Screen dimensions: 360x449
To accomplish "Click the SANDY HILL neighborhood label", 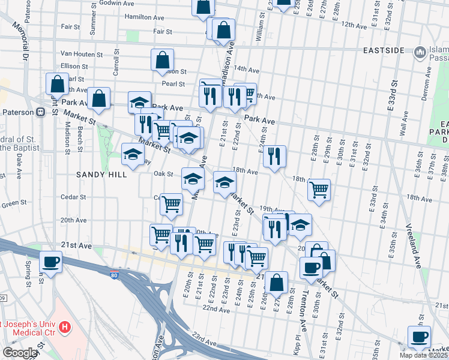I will [x=101, y=175].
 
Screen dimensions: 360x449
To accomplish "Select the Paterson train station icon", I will [x=41, y=112].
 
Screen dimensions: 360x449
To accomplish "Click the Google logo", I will [x=20, y=353].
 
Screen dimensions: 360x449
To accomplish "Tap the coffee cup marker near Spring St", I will [x=50, y=262].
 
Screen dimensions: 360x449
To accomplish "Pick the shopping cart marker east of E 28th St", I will [x=319, y=189].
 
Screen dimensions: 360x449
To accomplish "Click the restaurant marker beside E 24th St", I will [x=274, y=156].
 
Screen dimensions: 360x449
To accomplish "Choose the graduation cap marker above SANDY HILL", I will [x=133, y=154].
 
